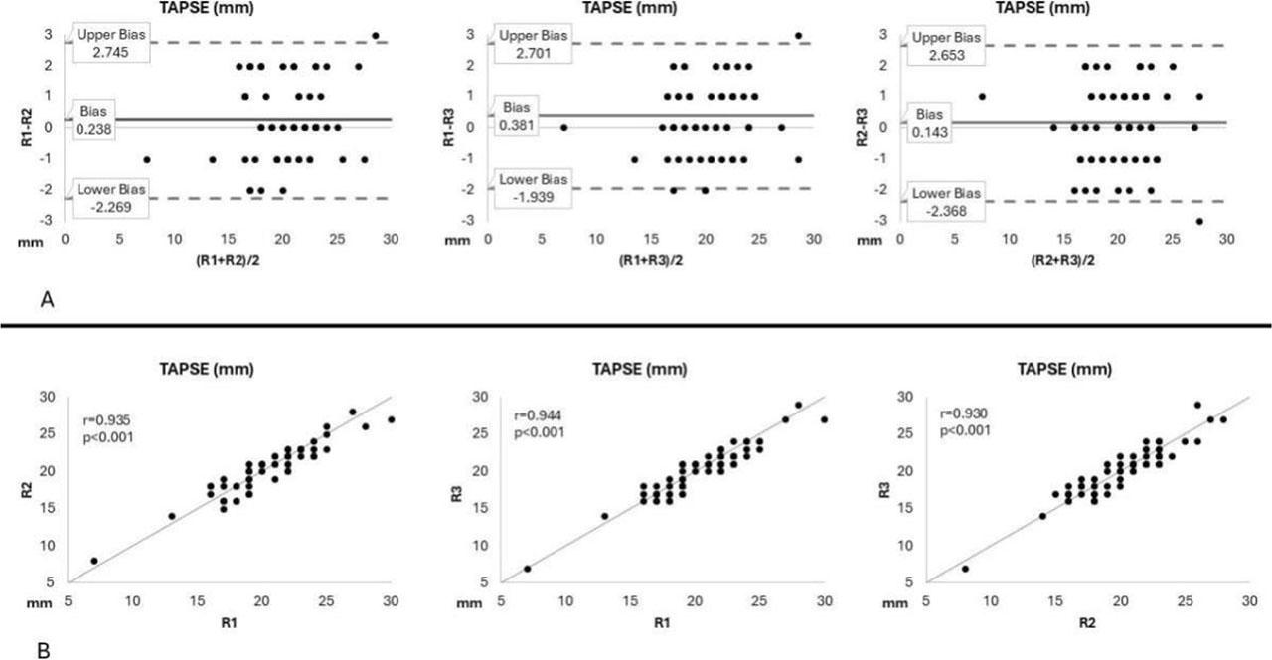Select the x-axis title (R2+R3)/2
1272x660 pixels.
1062,261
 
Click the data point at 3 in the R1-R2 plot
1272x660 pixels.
375,36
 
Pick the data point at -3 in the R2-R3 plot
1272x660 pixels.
1199,221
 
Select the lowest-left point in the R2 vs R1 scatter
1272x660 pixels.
94,561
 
